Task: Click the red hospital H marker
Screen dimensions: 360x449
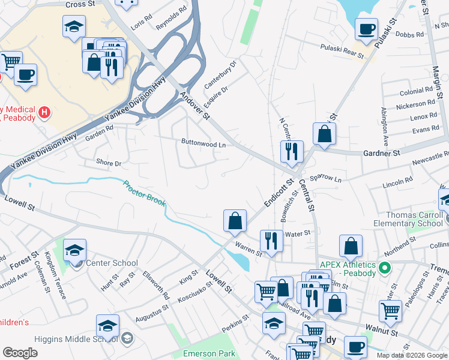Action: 44,112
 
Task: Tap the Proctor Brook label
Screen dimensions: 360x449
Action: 144,193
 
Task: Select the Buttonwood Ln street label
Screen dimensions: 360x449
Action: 203,144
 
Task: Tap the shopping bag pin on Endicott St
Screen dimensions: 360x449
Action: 235,221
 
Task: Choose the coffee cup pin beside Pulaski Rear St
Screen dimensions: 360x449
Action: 366,29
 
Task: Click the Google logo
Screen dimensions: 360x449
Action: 20,353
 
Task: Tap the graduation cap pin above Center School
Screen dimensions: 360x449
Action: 75,250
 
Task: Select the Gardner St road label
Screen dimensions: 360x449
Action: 381,154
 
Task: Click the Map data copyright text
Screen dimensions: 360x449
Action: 411,355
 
